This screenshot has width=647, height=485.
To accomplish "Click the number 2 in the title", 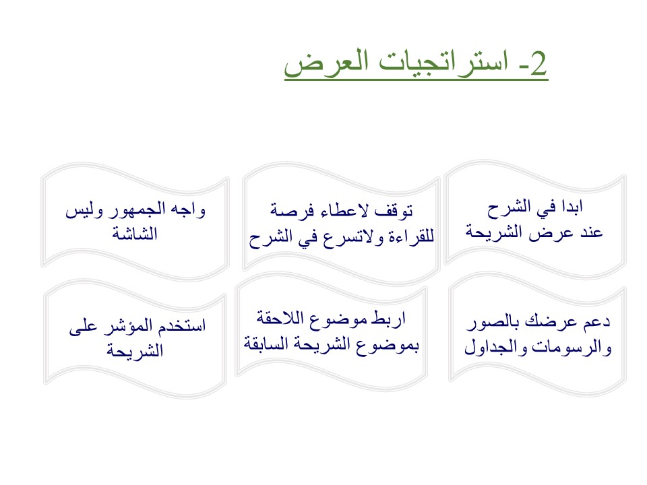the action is tap(538, 63).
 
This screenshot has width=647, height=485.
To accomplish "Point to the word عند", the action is tap(591, 232).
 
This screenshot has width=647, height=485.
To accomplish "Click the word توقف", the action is tap(394, 211).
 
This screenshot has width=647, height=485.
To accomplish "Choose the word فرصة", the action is tap(292, 210).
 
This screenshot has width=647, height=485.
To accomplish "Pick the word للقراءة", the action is tap(410, 236).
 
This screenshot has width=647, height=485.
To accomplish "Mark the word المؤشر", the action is tap(128, 326).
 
